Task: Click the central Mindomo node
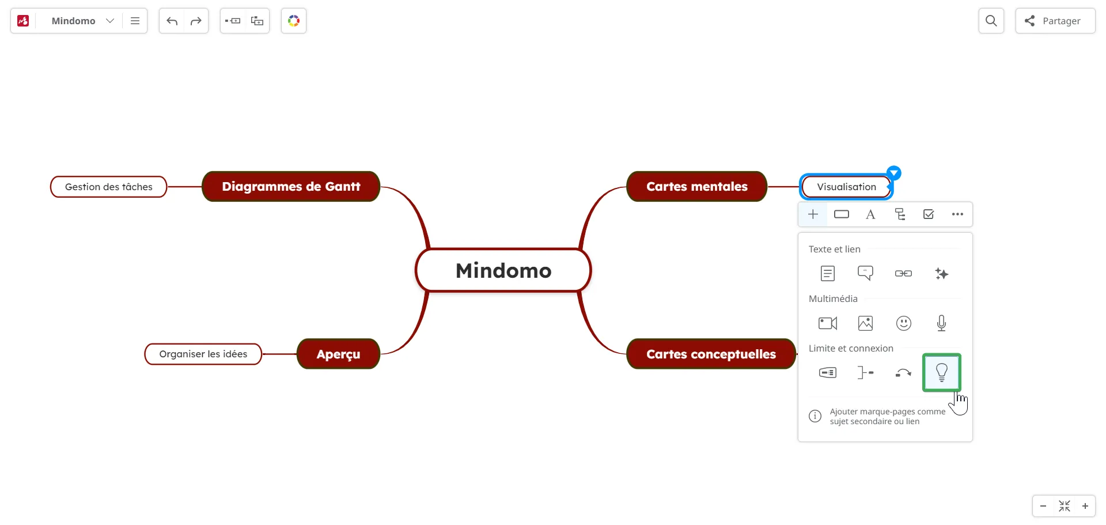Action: pyautogui.click(x=503, y=270)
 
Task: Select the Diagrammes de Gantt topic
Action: pyautogui.click(x=291, y=186)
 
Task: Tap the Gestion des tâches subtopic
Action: pyautogui.click(x=109, y=187)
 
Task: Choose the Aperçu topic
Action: pyautogui.click(x=338, y=354)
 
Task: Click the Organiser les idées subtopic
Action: pyautogui.click(x=203, y=354)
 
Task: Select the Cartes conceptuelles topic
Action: pyautogui.click(x=711, y=354)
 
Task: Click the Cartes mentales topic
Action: pyautogui.click(x=697, y=186)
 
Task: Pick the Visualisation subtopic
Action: pyautogui.click(x=846, y=187)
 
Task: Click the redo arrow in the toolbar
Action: pyautogui.click(x=196, y=21)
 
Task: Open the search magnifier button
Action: pyautogui.click(x=991, y=21)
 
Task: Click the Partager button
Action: pyautogui.click(x=1055, y=21)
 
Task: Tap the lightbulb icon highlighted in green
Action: pyautogui.click(x=942, y=372)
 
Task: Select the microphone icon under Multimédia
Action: pyautogui.click(x=942, y=323)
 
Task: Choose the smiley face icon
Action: pyautogui.click(x=904, y=323)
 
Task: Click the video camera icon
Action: pyautogui.click(x=828, y=323)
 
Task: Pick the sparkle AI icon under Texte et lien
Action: pyautogui.click(x=942, y=273)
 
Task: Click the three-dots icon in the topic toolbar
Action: pyautogui.click(x=957, y=214)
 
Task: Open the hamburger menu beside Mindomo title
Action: pyautogui.click(x=135, y=21)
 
